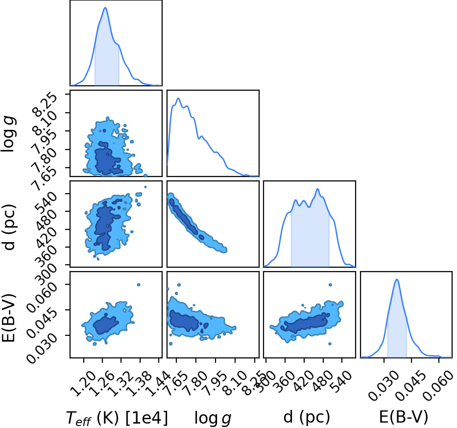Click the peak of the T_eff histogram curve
click(105, 8)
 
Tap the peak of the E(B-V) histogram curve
click(397, 279)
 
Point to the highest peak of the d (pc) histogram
click(317, 189)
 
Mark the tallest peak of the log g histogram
click(178, 99)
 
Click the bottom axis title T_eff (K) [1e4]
click(117, 418)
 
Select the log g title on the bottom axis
click(213, 418)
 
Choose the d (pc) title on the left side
click(9, 227)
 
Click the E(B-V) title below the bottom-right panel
click(404, 417)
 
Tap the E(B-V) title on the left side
click(9, 318)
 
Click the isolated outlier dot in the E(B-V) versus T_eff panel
click(139, 285)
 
